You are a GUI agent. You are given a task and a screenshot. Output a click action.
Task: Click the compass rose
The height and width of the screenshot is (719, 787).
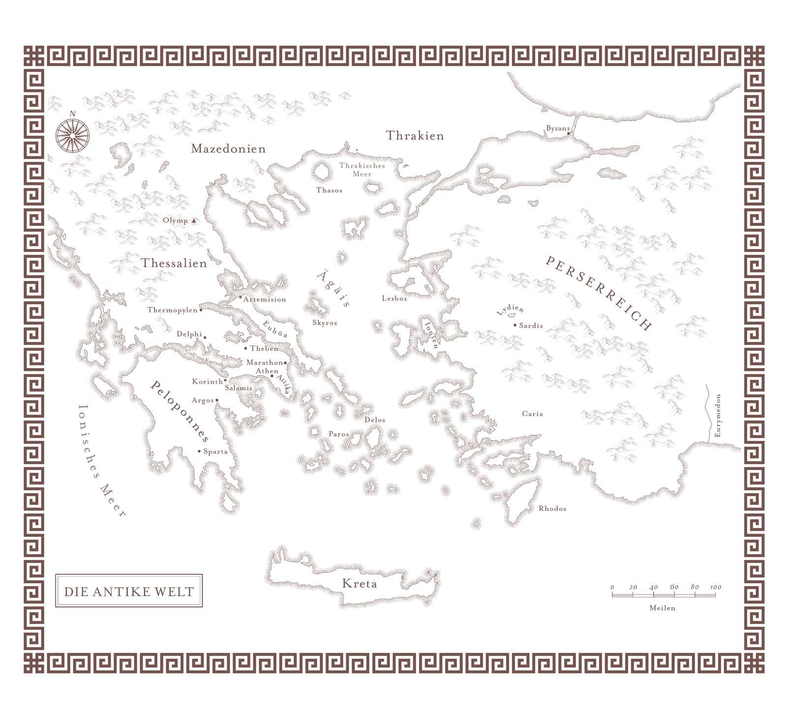(72, 134)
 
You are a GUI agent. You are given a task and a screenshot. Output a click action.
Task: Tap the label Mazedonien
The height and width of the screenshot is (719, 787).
(228, 149)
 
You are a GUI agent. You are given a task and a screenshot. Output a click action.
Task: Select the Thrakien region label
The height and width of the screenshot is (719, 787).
(415, 136)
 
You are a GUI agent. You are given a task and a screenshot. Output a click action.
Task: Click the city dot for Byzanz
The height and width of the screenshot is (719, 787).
(568, 133)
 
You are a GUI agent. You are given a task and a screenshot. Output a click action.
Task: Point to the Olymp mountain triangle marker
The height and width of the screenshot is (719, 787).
(194, 221)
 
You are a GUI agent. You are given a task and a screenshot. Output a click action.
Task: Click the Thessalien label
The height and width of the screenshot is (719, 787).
(174, 263)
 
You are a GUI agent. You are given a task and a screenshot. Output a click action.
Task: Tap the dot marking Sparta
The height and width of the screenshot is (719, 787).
(199, 451)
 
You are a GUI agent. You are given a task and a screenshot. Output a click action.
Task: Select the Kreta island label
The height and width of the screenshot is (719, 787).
(360, 584)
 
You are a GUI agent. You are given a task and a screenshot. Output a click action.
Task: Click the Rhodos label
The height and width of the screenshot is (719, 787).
(552, 508)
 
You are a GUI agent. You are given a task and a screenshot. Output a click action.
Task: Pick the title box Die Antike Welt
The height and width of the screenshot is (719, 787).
(129, 591)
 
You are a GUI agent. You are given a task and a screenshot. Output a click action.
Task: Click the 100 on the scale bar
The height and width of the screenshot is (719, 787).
(716, 587)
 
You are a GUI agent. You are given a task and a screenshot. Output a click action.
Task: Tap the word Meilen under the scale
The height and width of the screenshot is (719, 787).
(662, 608)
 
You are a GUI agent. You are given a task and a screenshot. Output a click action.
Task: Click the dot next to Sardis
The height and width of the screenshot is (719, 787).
(515, 325)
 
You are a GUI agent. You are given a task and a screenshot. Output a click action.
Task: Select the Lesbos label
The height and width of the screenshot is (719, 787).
(394, 298)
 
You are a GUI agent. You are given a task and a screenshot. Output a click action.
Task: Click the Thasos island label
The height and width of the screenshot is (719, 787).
(329, 190)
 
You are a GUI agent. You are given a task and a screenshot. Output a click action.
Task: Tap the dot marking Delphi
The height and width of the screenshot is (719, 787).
(205, 338)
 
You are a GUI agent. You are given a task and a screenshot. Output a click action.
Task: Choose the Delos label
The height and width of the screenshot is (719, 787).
(375, 420)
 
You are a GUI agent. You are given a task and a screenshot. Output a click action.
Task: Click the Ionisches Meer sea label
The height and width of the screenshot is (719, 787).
(101, 460)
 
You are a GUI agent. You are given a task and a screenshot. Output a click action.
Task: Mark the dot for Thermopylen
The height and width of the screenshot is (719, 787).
(201, 310)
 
